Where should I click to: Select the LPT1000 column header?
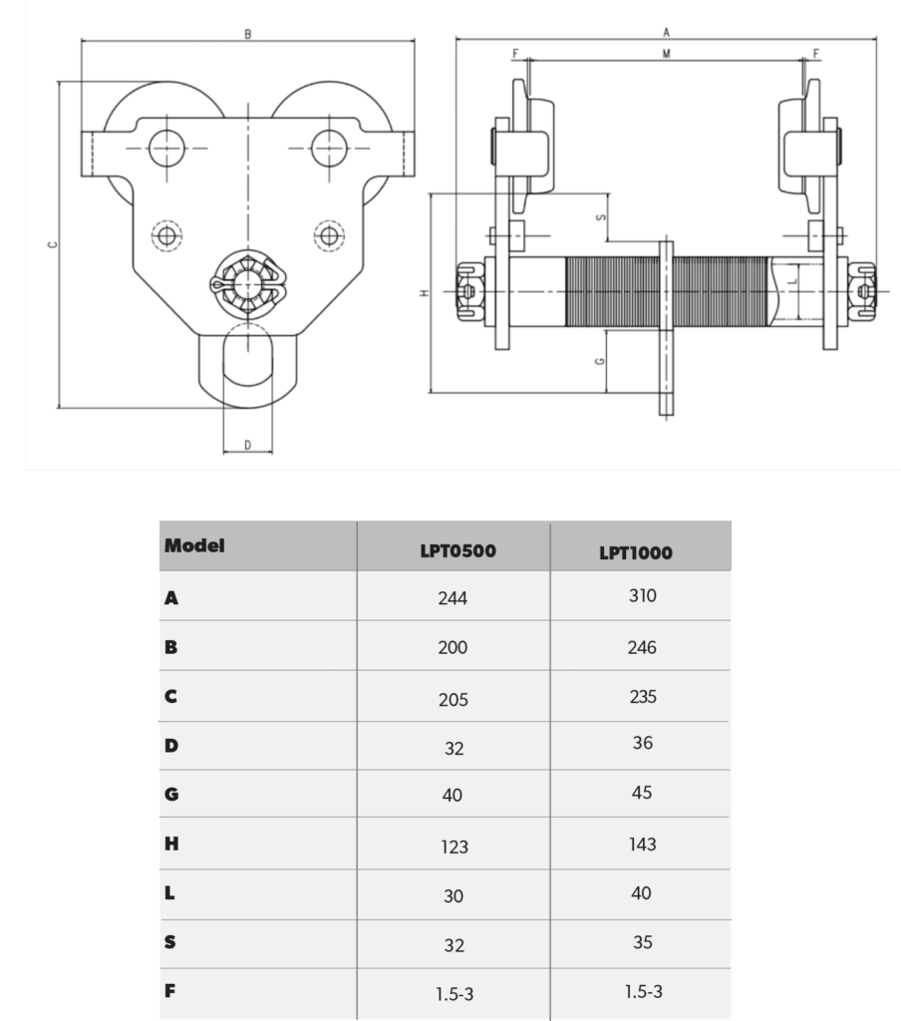coord(636,552)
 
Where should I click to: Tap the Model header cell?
coord(194,545)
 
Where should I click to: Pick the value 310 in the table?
coord(642,596)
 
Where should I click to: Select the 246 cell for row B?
coord(642,648)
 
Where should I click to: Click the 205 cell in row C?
coord(452,699)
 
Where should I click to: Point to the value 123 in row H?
coord(452,848)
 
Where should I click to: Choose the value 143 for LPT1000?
coord(642,845)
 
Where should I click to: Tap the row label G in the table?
coord(170,795)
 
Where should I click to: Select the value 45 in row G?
coord(642,793)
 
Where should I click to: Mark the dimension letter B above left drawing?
coord(247,34)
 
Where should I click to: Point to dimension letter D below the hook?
coord(246,445)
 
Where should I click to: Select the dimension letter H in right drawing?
coord(424,293)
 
